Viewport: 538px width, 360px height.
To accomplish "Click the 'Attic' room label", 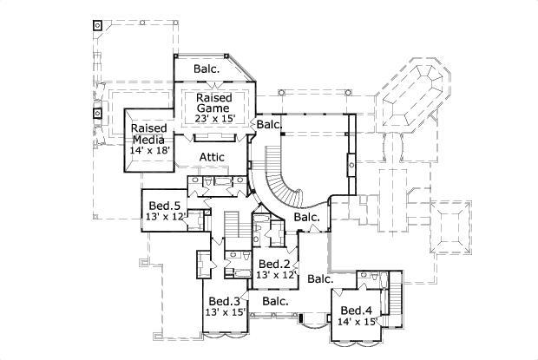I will pos(213,156).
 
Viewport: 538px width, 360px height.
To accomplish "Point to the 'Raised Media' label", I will pos(149,133).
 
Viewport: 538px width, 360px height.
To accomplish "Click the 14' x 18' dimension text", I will pos(149,150).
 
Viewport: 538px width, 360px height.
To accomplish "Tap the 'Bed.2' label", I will pos(275,264).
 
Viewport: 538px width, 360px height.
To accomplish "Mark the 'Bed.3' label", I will pos(224,300).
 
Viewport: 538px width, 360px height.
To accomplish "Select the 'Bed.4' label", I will pos(357,311).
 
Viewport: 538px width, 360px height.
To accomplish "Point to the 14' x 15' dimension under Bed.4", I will pos(357,323).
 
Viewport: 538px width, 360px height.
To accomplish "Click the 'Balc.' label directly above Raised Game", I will pos(207,68).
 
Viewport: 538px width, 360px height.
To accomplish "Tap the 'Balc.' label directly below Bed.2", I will pos(275,301).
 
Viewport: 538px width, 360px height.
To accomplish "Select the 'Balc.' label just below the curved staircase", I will pos(306,217).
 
